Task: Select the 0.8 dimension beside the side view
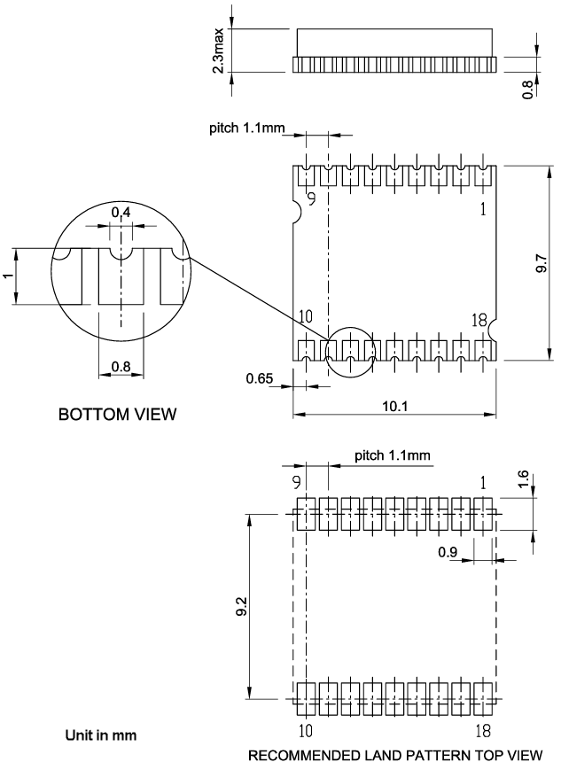pos(529,89)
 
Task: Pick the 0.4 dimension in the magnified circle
pos(121,213)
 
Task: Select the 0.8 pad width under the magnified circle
pos(121,366)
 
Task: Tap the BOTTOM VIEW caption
pos(117,414)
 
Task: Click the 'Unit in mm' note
pos(100,735)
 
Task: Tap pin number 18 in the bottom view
pos(480,320)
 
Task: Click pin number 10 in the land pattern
pos(305,731)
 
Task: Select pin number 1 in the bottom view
pos(482,210)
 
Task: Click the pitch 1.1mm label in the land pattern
pos(392,456)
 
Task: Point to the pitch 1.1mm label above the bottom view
pos(247,128)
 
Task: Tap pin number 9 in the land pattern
pos(305,483)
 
